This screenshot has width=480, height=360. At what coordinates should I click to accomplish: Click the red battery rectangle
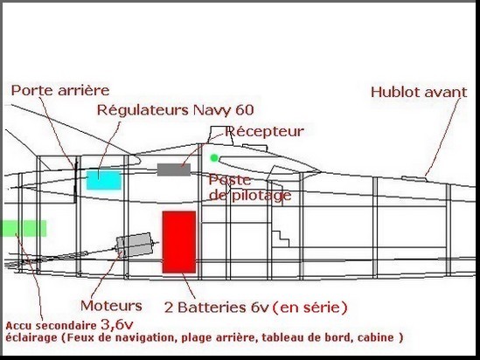click(179, 242)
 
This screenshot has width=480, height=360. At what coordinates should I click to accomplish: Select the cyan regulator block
click(104, 180)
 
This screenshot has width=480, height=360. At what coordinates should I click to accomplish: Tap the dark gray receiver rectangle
click(174, 170)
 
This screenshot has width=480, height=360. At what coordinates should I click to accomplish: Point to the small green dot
click(214, 158)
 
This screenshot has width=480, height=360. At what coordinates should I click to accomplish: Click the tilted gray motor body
click(134, 245)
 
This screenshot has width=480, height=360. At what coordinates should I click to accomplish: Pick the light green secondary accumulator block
click(24, 228)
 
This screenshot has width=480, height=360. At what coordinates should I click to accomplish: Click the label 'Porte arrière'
click(60, 90)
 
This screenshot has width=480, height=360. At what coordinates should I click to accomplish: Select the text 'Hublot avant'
click(419, 92)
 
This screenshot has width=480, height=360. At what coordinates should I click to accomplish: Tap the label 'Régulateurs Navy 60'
click(176, 110)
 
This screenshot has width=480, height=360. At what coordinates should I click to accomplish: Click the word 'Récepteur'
click(265, 131)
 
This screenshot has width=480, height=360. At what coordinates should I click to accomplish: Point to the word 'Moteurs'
click(111, 306)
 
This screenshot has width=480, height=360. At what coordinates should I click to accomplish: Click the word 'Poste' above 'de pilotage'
click(230, 180)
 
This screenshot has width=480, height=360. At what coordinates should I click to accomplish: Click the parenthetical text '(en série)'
click(310, 308)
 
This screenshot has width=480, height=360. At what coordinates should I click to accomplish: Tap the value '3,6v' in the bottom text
click(117, 325)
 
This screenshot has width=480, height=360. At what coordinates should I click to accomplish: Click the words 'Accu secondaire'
click(51, 326)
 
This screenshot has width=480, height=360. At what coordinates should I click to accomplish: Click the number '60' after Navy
click(245, 110)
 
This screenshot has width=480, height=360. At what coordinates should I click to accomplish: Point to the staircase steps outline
click(281, 239)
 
